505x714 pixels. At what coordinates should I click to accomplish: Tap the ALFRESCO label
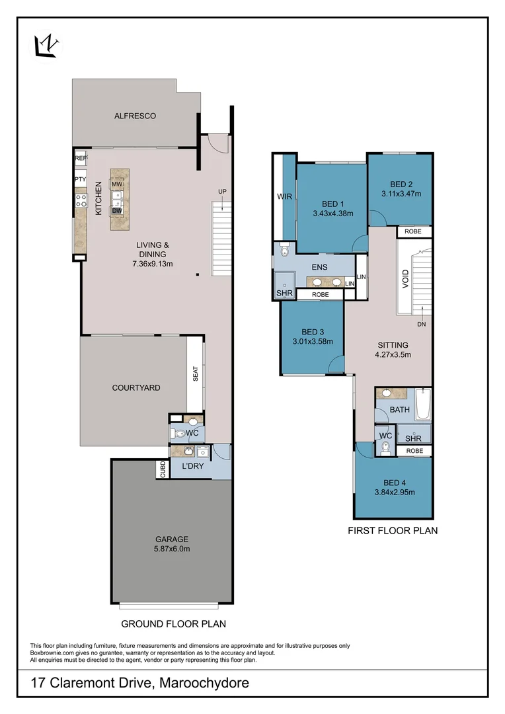coord(135,116)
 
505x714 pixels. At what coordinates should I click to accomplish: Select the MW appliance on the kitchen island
coord(116,184)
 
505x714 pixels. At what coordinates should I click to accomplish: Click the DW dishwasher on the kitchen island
coord(116,210)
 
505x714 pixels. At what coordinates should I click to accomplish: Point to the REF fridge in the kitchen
coord(81,158)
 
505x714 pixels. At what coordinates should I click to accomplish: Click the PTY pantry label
coord(81,179)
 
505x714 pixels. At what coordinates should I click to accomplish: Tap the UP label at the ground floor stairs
coord(223,192)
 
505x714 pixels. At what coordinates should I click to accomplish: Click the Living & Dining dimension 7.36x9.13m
coord(152,264)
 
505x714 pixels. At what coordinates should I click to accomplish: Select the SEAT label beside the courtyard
coord(195,374)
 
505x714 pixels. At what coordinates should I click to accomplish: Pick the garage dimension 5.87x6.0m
coord(172,548)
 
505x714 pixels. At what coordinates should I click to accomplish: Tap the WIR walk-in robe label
coord(284,196)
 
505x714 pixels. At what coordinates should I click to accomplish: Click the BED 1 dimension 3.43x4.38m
coord(332,214)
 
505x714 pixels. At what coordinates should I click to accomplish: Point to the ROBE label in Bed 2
coord(413,232)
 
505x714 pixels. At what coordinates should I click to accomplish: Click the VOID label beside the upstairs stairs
coord(405,280)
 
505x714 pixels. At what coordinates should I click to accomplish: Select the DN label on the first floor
coord(421,325)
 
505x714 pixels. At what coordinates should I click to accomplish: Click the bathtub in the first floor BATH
coord(423,405)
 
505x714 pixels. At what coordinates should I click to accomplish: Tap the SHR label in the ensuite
coord(284,294)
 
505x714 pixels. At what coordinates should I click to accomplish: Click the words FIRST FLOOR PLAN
coord(393,530)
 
